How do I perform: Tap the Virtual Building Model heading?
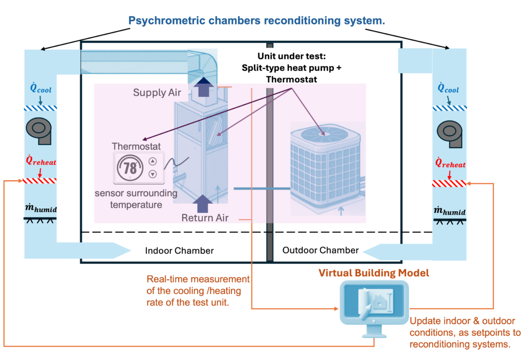(374, 272)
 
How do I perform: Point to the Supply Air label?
(157, 93)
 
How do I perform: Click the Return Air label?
(205, 218)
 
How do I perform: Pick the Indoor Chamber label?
(179, 251)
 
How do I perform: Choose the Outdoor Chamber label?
(320, 250)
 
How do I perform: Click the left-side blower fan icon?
(40, 130)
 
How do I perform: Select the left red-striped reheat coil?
(40, 181)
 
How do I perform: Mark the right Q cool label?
(448, 89)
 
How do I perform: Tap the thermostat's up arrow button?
(152, 162)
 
